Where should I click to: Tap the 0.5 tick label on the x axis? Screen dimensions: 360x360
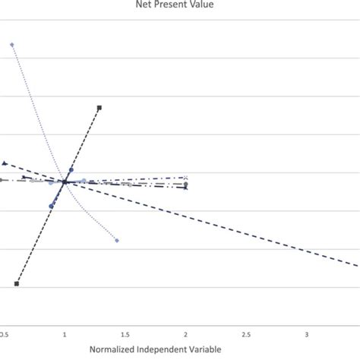pyautogui.click(x=5, y=333)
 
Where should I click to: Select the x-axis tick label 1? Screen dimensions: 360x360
pyautogui.click(x=65, y=333)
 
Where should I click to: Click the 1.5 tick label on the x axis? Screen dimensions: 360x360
pyautogui.click(x=125, y=333)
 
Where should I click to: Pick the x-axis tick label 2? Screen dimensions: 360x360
pyautogui.click(x=186, y=333)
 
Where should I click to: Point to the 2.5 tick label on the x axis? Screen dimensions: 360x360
pyautogui.click(x=246, y=333)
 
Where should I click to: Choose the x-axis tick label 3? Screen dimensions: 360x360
pyautogui.click(x=307, y=333)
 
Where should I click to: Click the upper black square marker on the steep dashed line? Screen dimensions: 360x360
pyautogui.click(x=99, y=108)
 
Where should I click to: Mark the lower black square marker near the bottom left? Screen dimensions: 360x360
pyautogui.click(x=17, y=283)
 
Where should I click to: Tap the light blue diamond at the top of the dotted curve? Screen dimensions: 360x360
pyautogui.click(x=11, y=45)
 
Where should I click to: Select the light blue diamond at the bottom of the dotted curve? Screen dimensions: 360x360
pyautogui.click(x=117, y=240)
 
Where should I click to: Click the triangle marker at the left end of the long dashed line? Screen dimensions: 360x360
pyautogui.click(x=5, y=163)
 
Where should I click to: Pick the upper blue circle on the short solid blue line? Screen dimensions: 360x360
pyautogui.click(x=72, y=169)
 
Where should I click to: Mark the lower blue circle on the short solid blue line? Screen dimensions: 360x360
pyautogui.click(x=52, y=206)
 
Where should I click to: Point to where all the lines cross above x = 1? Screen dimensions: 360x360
pyautogui.click(x=65, y=182)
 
